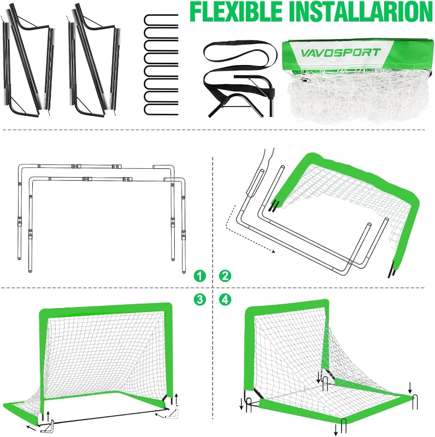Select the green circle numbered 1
201,276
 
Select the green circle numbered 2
224,276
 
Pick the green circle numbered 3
201,299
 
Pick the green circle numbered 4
224,299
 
